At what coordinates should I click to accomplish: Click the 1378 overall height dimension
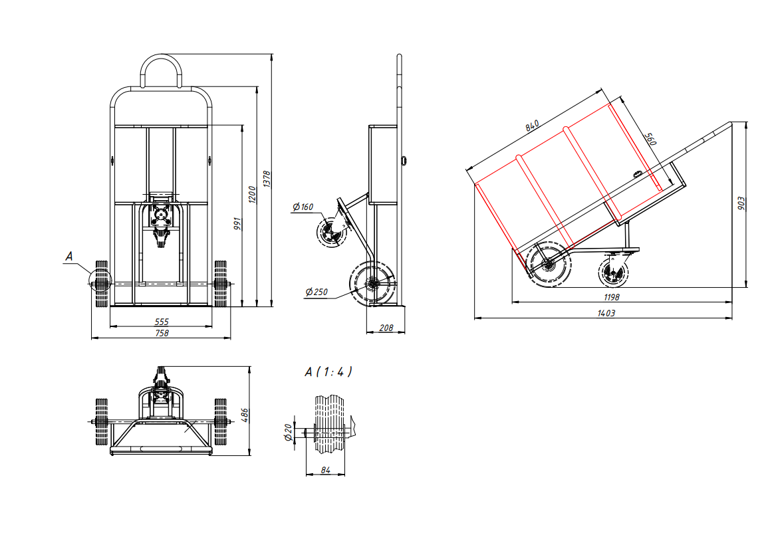267,179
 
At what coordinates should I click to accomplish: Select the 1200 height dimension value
252,194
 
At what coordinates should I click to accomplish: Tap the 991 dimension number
237,224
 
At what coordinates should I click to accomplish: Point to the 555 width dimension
162,322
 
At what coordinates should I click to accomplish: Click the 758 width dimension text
162,333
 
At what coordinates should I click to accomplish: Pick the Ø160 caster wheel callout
303,207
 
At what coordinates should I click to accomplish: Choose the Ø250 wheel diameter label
317,292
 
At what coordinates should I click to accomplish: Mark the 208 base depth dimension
386,328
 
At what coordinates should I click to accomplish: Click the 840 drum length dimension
533,126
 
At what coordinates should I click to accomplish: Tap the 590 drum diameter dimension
650,138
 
